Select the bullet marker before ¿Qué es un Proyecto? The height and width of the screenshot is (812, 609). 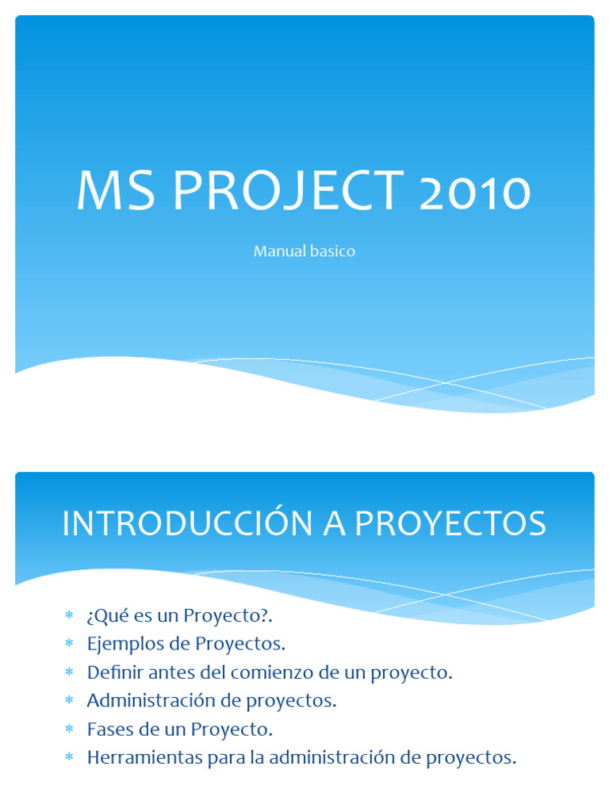69,615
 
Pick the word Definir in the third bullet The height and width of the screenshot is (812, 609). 111,672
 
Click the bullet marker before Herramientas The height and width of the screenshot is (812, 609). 69,758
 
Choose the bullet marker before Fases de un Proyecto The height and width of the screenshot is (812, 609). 69,730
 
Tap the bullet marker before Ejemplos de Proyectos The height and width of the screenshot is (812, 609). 69,644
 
